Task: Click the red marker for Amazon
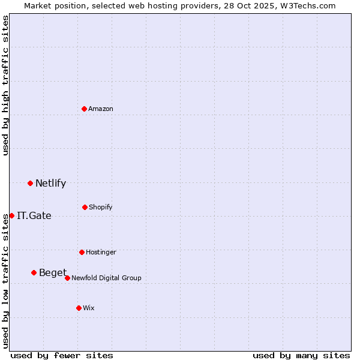coord(84,109)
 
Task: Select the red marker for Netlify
coord(30,183)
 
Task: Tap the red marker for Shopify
coord(85,207)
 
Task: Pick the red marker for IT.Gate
coord(11,215)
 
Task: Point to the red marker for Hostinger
coord(82,252)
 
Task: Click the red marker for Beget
coord(34,272)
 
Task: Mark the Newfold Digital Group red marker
coord(67,278)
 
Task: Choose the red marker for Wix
coord(79,308)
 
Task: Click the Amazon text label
coord(101,109)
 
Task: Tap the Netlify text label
coord(50,183)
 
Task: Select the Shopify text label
coord(101,207)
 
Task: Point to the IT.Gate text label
coord(34,215)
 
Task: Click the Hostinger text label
coord(101,252)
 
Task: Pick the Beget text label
coord(53,272)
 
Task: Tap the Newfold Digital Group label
coord(106,278)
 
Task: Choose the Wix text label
coord(89,308)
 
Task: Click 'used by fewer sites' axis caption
coord(62,355)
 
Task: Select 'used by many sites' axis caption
coord(301,355)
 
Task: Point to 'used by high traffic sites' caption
coord(5,85)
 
